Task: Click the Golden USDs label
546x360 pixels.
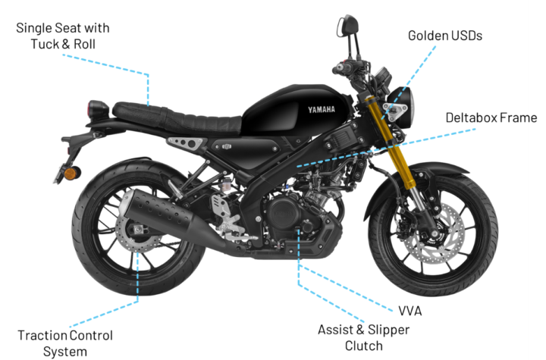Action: pos(444,36)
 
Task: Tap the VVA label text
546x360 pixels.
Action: pos(409,311)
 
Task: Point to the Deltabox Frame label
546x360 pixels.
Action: pos(486,118)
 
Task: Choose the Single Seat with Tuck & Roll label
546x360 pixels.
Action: pos(73,36)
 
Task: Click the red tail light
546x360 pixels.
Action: pos(97,109)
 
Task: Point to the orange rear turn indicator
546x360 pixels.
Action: pos(71,174)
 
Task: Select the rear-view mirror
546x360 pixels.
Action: pos(350,23)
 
